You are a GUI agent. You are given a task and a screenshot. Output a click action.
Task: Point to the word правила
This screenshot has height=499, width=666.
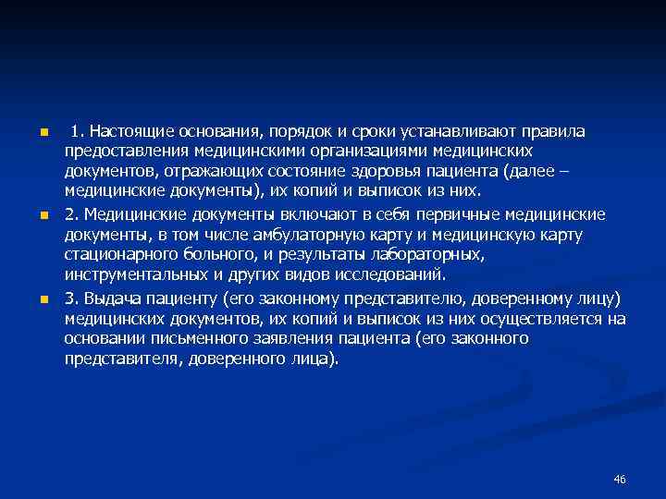click(x=552, y=131)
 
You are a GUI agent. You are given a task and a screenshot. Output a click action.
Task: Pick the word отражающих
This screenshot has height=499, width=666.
click(x=209, y=172)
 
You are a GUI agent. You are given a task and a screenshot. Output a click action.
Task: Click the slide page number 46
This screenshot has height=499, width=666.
click(x=620, y=479)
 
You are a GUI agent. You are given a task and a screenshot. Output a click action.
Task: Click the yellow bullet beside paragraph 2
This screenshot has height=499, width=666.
click(x=43, y=215)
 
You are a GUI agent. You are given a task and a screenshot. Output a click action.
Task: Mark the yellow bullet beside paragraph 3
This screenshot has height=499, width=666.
click(x=43, y=298)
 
